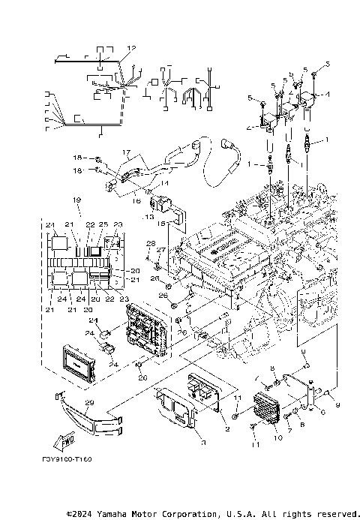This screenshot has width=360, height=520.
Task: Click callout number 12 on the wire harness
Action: pos(131,48)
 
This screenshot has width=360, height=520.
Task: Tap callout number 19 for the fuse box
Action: pos(76,200)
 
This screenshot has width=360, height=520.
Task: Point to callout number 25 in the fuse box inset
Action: pos(103,225)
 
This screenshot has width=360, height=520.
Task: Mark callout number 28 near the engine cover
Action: pos(150,243)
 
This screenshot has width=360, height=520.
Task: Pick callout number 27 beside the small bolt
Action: pos(160,250)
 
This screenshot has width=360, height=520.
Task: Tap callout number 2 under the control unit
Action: pos(226,428)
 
